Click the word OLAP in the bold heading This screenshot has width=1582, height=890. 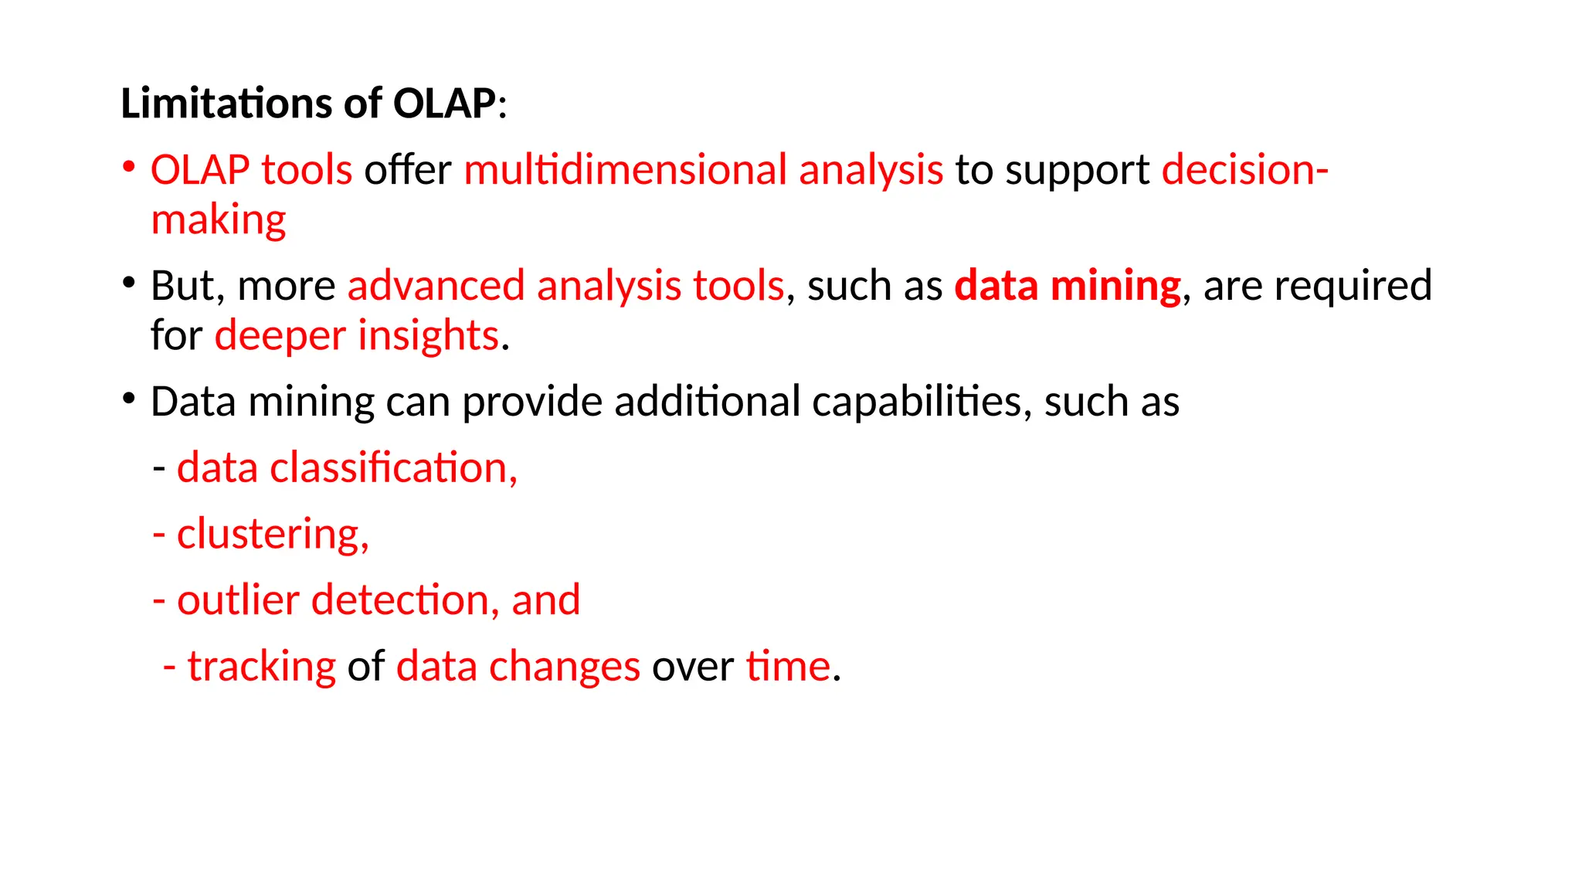point(443,104)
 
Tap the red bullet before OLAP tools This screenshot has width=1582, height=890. point(129,167)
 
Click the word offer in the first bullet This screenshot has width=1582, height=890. point(407,170)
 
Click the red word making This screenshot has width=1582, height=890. point(219,221)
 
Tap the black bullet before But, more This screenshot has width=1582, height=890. point(129,283)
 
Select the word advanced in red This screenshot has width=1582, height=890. point(436,286)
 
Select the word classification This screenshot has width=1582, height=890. point(393,468)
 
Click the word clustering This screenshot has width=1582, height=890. point(273,535)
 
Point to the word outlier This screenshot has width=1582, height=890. point(238,600)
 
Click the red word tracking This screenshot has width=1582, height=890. point(262,667)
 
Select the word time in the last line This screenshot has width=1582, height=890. point(788,667)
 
